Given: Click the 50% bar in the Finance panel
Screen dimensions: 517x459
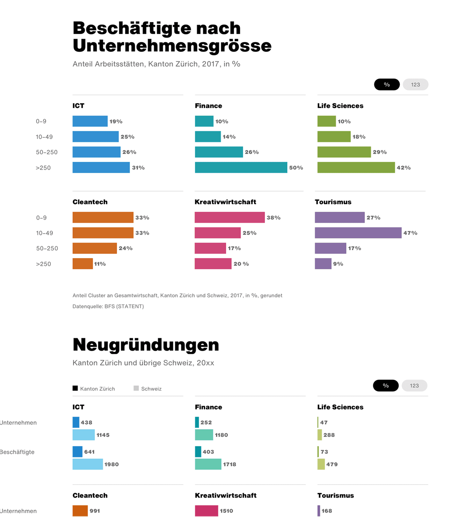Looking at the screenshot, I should [241, 167].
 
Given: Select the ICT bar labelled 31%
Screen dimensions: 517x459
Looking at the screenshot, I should [101, 167].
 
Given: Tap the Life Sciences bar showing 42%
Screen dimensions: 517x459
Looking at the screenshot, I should [356, 167].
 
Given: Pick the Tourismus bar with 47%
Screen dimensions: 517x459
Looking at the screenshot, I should [358, 233].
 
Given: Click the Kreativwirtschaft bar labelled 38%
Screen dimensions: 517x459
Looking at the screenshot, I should [229, 217].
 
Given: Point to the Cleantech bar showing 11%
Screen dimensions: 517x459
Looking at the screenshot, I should [83, 264].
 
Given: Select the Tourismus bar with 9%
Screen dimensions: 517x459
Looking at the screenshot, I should [323, 264].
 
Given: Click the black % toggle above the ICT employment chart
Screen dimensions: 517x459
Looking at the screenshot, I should [387, 84].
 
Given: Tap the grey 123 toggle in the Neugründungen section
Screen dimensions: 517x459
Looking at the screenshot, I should [414, 386].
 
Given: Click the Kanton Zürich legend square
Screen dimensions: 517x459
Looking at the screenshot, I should [75, 388].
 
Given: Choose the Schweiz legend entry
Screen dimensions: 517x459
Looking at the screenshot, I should [148, 389].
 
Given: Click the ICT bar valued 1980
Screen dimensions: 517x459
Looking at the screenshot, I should [88, 464].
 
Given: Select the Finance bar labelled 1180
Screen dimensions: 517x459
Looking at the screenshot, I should [204, 435].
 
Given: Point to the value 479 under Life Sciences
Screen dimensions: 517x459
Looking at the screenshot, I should [332, 464].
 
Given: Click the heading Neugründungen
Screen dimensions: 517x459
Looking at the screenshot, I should [146, 345].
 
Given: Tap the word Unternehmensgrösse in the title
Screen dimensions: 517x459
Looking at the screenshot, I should [172, 46].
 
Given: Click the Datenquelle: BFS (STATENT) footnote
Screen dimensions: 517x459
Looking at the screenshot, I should [108, 306].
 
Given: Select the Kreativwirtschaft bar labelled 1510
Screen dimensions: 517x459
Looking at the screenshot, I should [207, 511].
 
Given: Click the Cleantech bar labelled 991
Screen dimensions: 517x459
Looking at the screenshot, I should [80, 511].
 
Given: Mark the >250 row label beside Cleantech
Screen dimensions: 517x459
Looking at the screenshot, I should [43, 264].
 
